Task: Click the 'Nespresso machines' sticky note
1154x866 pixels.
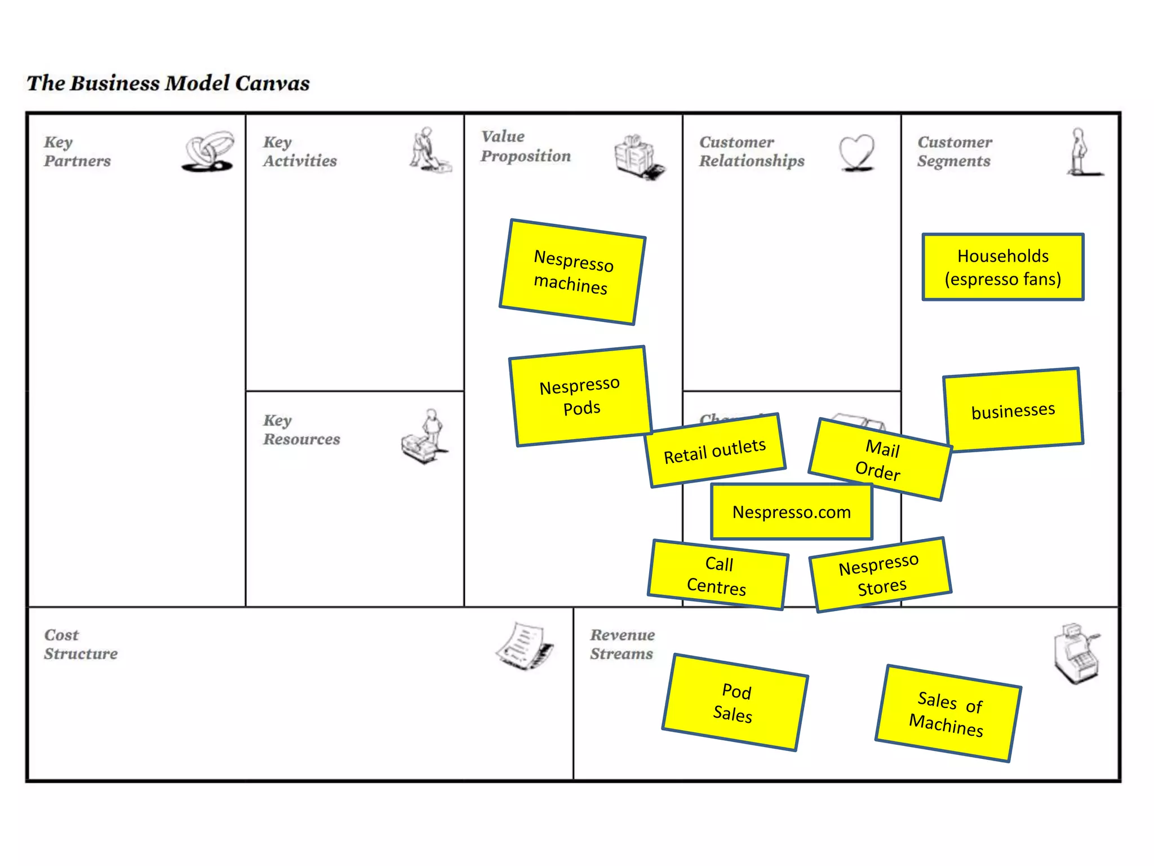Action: point(572,272)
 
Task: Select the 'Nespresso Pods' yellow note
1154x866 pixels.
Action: point(580,396)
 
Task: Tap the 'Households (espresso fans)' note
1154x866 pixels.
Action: point(1003,267)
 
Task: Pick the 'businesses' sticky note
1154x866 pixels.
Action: point(1013,410)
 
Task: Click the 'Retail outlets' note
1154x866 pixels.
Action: point(715,450)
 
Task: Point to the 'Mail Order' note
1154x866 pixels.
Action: point(880,459)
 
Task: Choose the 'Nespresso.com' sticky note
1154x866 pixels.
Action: point(792,512)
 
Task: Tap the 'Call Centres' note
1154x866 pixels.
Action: point(718,575)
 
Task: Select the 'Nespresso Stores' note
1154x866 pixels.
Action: point(880,575)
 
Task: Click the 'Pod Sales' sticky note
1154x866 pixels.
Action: point(735,702)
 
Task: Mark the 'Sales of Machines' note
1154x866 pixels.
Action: point(948,714)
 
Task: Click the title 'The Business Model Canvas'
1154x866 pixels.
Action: point(168,83)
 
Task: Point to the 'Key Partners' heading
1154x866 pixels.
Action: point(77,151)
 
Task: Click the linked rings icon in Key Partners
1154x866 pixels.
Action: point(208,151)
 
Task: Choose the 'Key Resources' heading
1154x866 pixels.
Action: point(301,430)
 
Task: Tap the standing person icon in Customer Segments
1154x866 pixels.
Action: point(1081,152)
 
